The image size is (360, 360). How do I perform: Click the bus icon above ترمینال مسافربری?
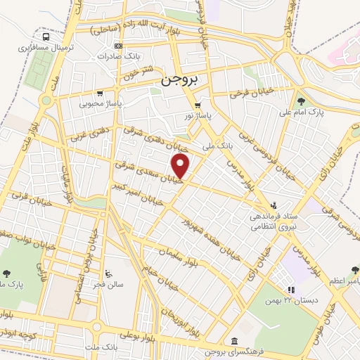point(46,37)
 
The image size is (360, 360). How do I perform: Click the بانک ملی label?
point(217,147)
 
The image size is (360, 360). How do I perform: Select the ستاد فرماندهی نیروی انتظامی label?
point(274,224)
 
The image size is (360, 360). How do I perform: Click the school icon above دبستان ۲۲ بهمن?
point(290,290)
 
